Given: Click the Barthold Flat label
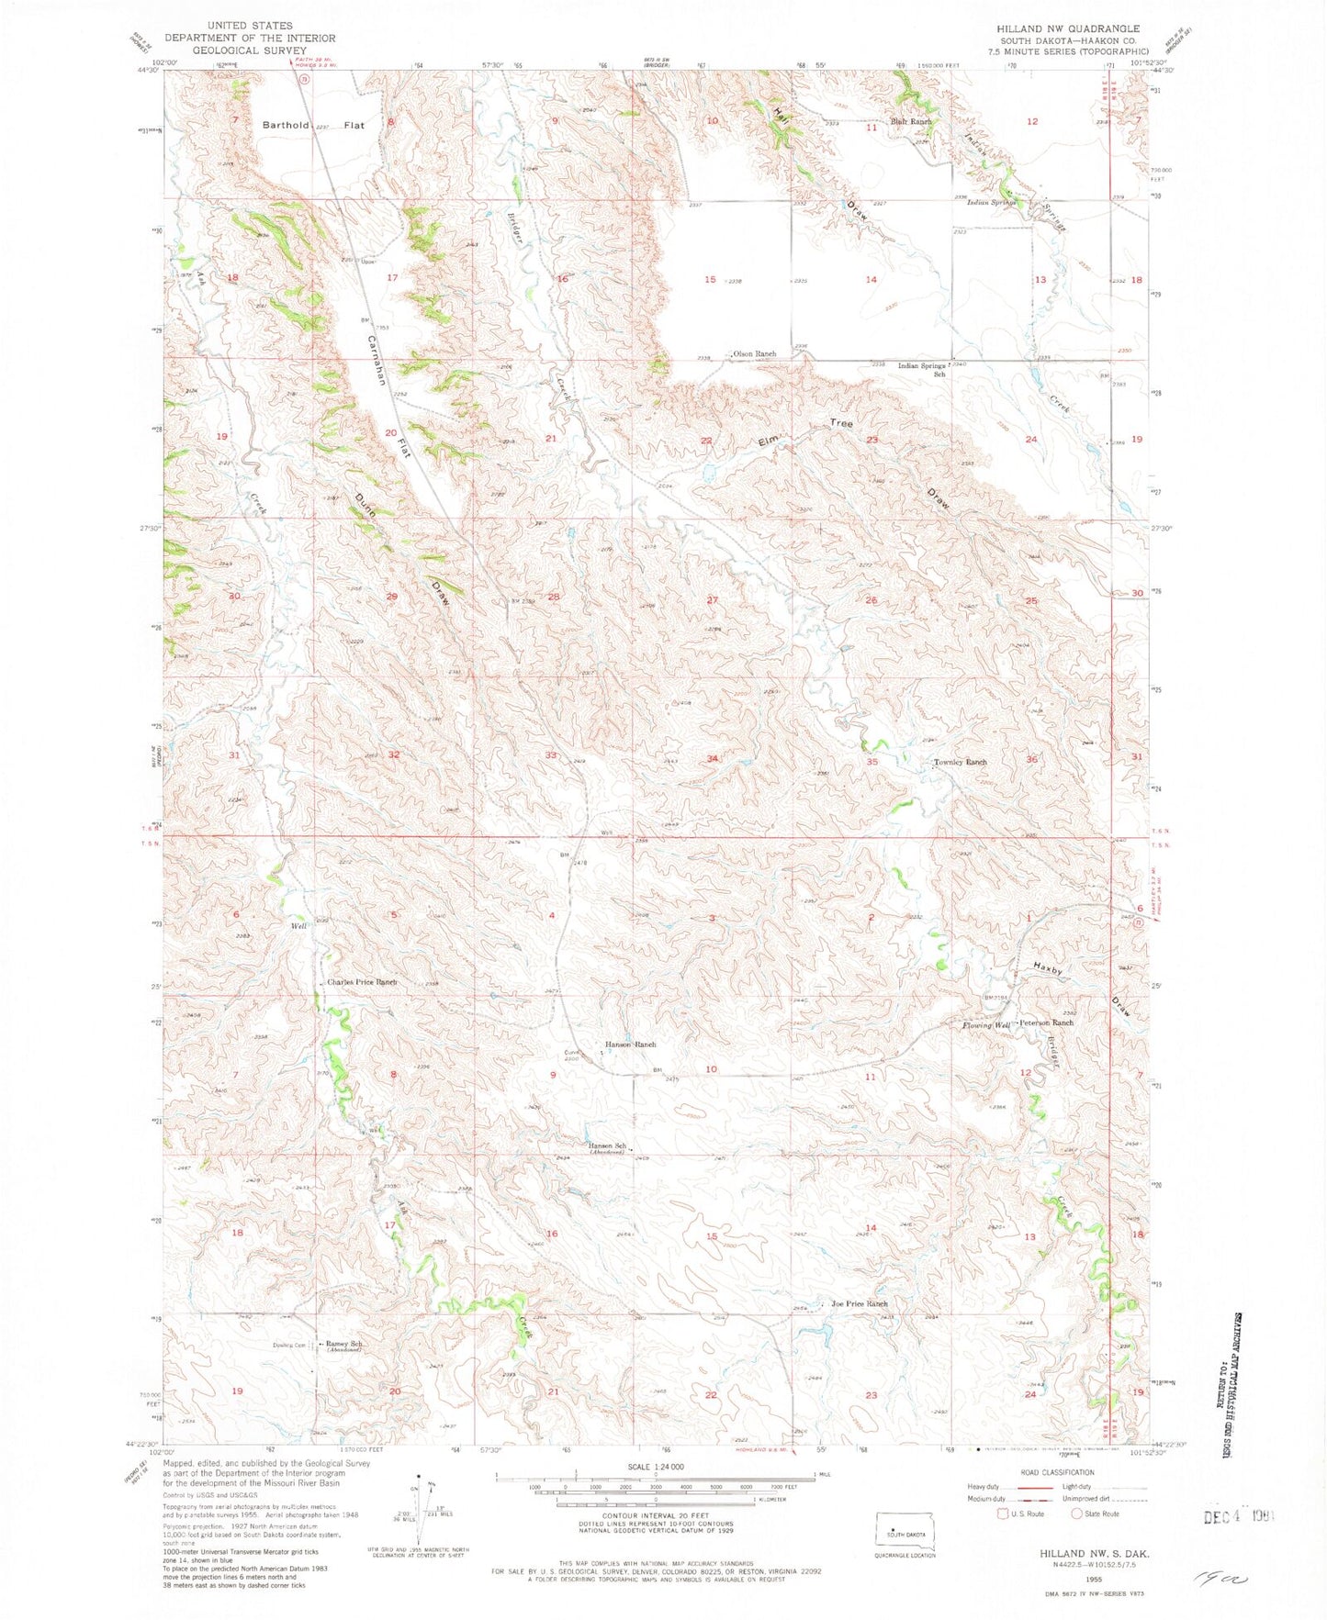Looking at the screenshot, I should coord(312,125).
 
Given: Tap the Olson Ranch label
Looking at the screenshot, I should coord(754,353).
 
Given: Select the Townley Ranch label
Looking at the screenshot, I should coord(960,762).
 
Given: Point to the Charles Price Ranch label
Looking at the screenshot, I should coord(362,982).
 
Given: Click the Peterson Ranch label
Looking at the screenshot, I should coord(1045,1022).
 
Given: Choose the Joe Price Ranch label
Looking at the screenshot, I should coord(859,1303).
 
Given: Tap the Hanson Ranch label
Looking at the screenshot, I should coord(630,1045).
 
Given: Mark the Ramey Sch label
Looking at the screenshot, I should coord(344,1344).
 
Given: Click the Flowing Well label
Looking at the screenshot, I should coord(985,1025).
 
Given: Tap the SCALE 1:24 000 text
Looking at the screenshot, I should coord(654,1493).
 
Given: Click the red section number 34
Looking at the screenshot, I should coord(712,758).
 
